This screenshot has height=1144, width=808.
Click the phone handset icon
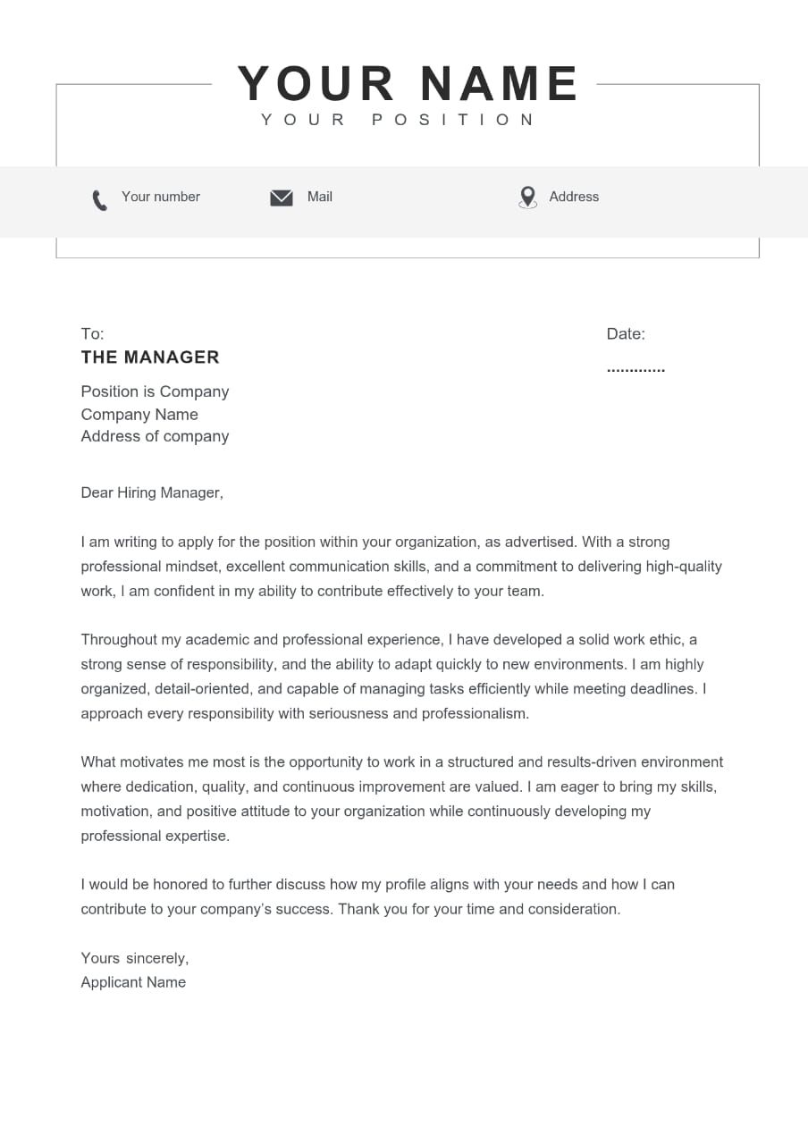pyautogui.click(x=99, y=199)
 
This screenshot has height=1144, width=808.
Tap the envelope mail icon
pyautogui.click(x=282, y=198)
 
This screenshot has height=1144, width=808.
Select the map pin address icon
pyautogui.click(x=528, y=197)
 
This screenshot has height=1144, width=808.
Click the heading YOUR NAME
pyautogui.click(x=408, y=84)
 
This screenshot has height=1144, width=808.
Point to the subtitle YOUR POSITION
pyautogui.click(x=399, y=120)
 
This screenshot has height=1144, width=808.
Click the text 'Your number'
pyautogui.click(x=161, y=197)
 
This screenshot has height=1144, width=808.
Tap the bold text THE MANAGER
pyautogui.click(x=150, y=357)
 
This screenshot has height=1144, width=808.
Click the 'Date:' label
pyautogui.click(x=626, y=334)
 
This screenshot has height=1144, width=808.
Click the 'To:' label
pyautogui.click(x=92, y=334)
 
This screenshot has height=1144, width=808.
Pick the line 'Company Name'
pyautogui.click(x=139, y=415)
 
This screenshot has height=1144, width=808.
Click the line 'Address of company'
pyautogui.click(x=155, y=437)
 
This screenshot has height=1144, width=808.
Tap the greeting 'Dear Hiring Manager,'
pyautogui.click(x=152, y=492)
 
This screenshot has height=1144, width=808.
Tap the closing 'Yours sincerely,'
pyautogui.click(x=135, y=958)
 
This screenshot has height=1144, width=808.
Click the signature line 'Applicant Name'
pyautogui.click(x=133, y=982)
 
